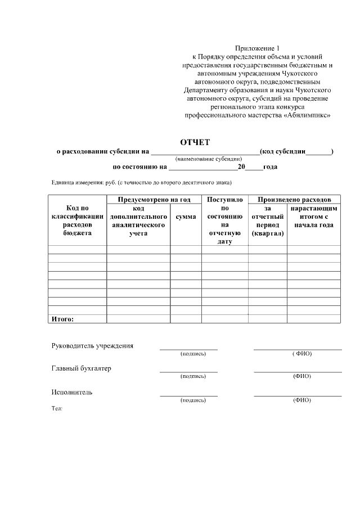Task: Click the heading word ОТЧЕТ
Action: (194, 142)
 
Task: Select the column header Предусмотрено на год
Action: (154, 200)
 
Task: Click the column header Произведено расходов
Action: (294, 200)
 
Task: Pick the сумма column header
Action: (186, 217)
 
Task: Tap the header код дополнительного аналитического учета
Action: (138, 220)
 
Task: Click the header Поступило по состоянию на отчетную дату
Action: (224, 220)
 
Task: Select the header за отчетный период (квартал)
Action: (267, 220)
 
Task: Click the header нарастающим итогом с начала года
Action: (313, 217)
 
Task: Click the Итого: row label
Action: (62, 319)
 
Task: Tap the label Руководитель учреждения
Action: (92, 345)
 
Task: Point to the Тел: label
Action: (56, 408)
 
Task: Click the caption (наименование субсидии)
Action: (209, 159)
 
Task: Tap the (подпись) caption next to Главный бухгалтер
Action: (193, 376)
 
